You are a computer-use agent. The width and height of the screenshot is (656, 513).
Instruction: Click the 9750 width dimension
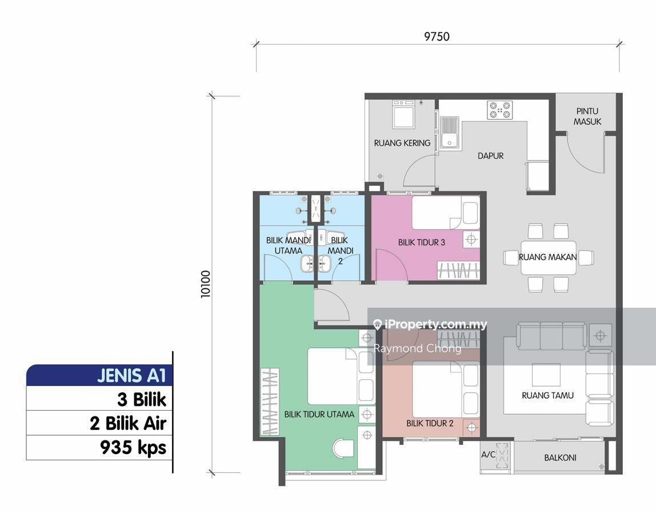(437, 37)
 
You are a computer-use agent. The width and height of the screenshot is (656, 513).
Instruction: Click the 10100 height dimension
(205, 284)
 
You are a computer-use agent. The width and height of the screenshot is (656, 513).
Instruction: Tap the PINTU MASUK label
(587, 117)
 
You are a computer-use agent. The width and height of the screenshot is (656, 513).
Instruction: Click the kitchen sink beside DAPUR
(449, 133)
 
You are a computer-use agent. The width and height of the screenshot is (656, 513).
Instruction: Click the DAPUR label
(491, 156)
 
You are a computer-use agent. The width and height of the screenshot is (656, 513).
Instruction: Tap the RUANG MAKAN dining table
(548, 257)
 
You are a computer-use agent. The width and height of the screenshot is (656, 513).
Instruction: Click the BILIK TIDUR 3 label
(421, 242)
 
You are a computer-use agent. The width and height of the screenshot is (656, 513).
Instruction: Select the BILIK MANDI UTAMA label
(288, 245)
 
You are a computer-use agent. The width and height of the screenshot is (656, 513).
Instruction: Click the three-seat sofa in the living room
(551, 335)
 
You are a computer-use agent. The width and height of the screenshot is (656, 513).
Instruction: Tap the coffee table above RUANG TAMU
(546, 375)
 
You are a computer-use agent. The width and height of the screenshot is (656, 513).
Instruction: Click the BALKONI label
(560, 458)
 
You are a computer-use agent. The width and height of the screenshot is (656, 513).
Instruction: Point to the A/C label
(488, 454)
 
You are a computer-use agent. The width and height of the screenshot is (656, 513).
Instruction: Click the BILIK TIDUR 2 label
(430, 423)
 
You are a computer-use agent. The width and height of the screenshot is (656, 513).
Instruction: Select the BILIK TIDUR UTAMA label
(319, 414)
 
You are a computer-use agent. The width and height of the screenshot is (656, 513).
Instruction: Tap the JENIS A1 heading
(131, 375)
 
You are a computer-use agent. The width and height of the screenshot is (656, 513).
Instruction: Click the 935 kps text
(133, 447)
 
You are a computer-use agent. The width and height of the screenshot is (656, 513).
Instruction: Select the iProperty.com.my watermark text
(430, 324)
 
